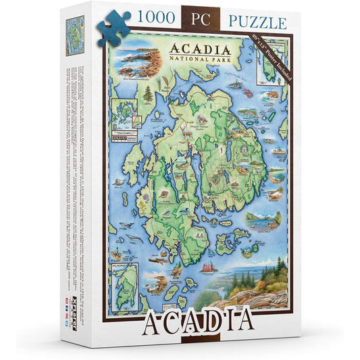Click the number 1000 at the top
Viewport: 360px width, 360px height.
[x=153, y=20]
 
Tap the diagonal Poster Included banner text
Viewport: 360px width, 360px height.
[x=272, y=57]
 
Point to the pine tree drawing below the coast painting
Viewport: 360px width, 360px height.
[x=148, y=94]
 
